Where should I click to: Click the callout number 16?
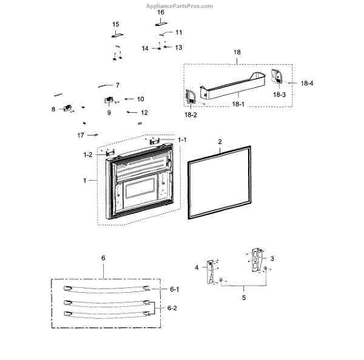161,12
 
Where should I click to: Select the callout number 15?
116,24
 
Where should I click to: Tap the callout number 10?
140,99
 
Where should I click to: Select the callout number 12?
144,113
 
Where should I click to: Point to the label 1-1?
183,140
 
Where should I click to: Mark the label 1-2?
87,155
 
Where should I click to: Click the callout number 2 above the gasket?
220,141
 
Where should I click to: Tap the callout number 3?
272,259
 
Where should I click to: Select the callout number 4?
197,267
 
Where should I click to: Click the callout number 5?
244,298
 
